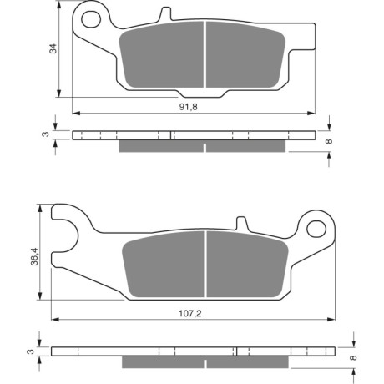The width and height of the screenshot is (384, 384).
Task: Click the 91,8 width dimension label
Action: pyautogui.click(x=189, y=107)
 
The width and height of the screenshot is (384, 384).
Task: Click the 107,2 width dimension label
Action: pyautogui.click(x=190, y=314)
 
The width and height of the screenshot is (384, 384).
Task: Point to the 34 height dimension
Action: pyautogui.click(x=53, y=48)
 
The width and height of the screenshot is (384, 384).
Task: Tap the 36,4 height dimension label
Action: pyautogui.click(x=35, y=256)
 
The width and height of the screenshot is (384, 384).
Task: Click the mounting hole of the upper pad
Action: pyautogui.click(x=91, y=19)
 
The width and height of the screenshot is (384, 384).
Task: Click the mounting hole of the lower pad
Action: pyautogui.click(x=316, y=229)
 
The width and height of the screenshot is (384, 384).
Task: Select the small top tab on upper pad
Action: pyautogui.click(x=165, y=13)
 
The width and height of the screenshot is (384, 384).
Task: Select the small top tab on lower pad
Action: pyautogui.click(x=241, y=223)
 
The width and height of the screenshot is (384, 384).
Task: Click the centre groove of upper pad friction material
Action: pyautogui.click(x=205, y=54)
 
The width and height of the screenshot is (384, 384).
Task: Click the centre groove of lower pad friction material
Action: pyautogui.click(x=205, y=264)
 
